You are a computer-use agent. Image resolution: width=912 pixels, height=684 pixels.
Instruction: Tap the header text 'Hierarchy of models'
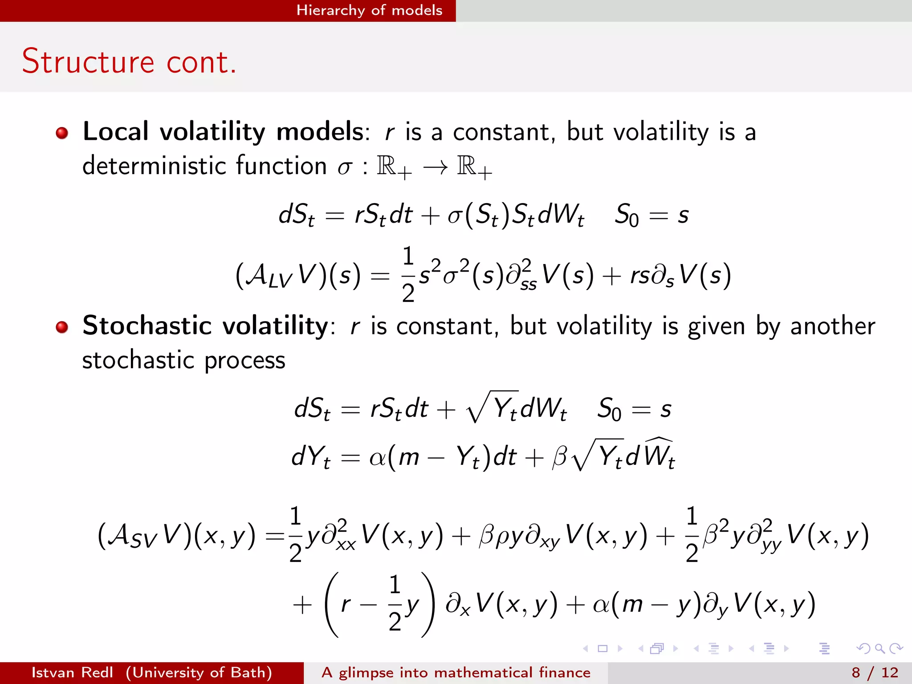pos(369,10)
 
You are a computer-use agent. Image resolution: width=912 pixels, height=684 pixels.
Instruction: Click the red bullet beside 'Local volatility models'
pos(62,133)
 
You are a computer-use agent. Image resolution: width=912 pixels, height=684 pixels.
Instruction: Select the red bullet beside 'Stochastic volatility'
pos(62,327)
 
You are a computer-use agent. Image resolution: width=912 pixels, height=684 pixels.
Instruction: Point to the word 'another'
pos(832,326)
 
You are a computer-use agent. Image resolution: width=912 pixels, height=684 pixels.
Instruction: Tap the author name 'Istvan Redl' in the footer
pos(72,672)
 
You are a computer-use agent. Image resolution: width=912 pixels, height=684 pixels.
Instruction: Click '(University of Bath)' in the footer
pos(199,672)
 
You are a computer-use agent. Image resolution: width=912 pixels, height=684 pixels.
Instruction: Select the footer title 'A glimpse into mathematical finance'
pos(456,672)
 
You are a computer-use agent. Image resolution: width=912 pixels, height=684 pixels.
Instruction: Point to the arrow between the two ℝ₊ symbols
pos(435,167)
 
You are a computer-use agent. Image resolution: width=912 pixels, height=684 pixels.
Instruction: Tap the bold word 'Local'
pos(115,131)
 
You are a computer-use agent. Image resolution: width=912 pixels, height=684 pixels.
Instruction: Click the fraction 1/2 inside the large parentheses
pos(395,604)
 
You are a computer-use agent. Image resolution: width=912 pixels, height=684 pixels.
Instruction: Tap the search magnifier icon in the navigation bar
pos(879,648)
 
